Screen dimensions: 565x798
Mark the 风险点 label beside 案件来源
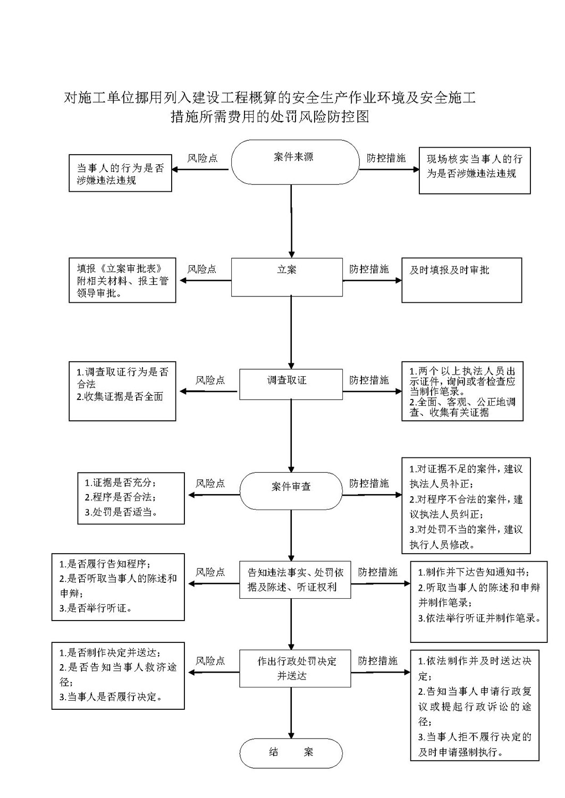click(203, 158)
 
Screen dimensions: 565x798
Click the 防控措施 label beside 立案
click(369, 269)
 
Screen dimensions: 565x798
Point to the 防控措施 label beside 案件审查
click(369, 483)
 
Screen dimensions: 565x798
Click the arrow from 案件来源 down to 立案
click(291, 221)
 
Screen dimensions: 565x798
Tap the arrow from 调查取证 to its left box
click(208, 392)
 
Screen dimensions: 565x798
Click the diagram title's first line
click(269, 97)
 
